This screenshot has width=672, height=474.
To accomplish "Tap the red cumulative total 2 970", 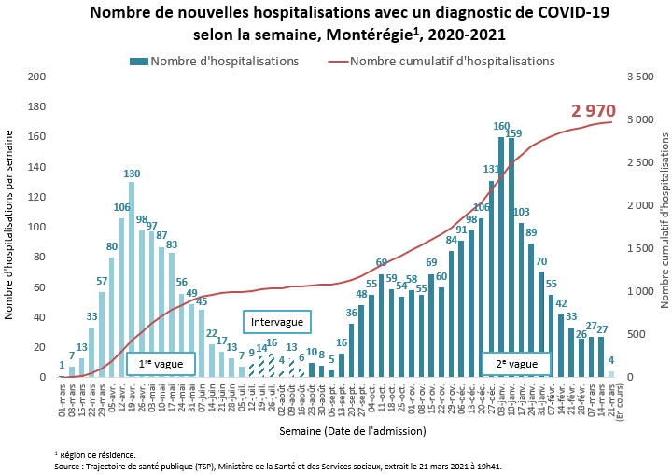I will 594,111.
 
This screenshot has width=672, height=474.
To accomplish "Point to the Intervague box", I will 277,322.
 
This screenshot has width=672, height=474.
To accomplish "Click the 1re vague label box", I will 160,364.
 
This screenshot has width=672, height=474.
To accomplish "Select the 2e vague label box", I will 516,364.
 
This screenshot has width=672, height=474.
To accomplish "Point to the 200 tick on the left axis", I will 38,77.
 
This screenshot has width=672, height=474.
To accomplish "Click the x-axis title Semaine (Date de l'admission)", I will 353,430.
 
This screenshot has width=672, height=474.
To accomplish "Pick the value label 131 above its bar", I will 491,169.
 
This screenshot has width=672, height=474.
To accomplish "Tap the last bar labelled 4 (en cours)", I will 611,374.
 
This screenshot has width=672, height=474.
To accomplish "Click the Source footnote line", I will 280,465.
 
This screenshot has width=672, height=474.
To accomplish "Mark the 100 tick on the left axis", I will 38,227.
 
